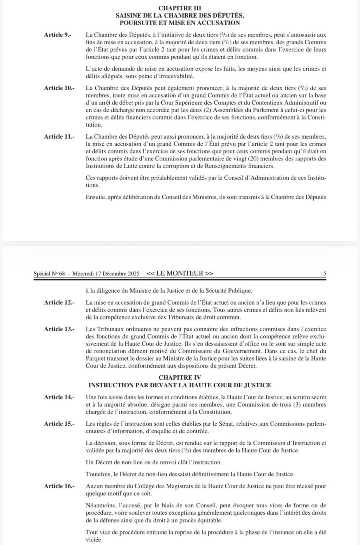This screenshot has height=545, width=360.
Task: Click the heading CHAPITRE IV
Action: click(180, 378)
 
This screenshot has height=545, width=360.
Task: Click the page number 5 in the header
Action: click(324, 273)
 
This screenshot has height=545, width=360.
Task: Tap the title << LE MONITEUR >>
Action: click(180, 273)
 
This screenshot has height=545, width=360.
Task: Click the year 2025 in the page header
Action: click(133, 273)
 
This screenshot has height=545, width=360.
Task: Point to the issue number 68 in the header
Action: click(62, 273)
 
